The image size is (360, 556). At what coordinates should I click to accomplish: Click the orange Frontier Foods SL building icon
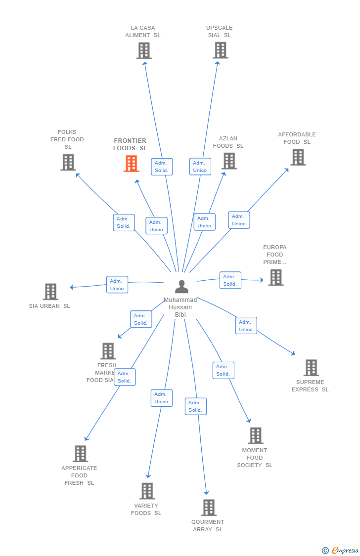[x=131, y=164]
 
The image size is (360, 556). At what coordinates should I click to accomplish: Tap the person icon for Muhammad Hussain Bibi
[x=181, y=287]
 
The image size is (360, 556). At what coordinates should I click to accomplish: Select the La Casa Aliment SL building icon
[x=143, y=51]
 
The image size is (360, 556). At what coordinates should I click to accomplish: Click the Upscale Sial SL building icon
[x=220, y=50]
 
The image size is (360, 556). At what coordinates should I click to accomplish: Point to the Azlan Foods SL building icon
[x=228, y=161]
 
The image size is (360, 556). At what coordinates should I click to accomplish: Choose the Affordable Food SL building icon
[x=298, y=157]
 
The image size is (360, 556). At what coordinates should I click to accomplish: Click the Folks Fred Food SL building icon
[x=68, y=162]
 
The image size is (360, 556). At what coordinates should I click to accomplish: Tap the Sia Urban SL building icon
[x=50, y=292]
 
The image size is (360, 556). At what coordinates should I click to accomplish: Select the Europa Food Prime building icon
[x=275, y=277]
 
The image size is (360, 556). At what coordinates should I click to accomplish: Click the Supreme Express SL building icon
[x=311, y=368]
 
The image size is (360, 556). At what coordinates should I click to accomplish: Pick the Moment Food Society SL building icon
[x=255, y=436]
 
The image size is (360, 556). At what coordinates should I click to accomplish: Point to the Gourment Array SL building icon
[x=209, y=508]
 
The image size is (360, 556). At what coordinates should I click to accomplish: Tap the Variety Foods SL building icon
[x=147, y=491]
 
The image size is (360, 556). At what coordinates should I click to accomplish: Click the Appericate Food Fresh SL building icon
[x=80, y=454]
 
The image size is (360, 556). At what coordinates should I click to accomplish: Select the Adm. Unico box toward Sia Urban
[x=117, y=285]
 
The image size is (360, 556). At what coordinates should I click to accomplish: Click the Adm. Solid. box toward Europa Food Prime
[x=230, y=280]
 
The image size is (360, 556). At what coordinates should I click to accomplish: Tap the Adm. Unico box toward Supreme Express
[x=246, y=326]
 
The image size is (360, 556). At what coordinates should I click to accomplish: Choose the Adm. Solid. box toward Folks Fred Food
[x=124, y=222]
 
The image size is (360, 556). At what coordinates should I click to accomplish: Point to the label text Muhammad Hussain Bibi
[x=180, y=307]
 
